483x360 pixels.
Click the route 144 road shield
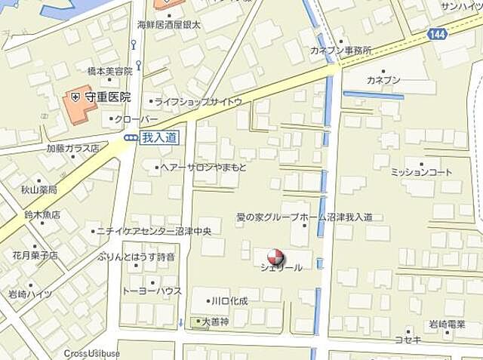click(x=436, y=34)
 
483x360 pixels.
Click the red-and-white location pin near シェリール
click(x=276, y=257)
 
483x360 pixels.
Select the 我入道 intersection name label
click(x=159, y=137)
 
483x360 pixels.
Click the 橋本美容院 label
click(x=110, y=70)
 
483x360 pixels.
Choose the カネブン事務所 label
click(x=340, y=51)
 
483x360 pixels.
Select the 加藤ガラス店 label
click(x=73, y=149)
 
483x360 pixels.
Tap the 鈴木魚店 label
click(x=42, y=215)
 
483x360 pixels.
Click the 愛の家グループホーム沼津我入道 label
click(x=304, y=217)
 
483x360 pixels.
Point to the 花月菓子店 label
click(x=35, y=256)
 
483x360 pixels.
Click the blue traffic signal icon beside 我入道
click(x=131, y=137)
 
